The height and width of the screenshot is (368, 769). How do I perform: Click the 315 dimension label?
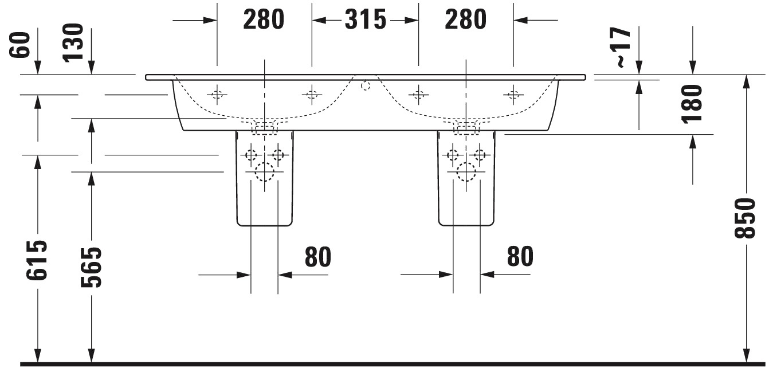click(365, 19)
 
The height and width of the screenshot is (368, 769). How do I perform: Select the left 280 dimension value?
click(264, 19)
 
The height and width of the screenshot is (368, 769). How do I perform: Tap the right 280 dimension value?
click(465, 19)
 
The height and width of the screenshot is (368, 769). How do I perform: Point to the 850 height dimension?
click(746, 218)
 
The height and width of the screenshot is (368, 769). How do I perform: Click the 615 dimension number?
click(37, 260)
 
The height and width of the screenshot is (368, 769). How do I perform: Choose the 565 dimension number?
click(91, 267)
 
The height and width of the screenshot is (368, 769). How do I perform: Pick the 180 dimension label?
click(692, 104)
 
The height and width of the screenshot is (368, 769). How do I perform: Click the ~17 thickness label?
click(623, 47)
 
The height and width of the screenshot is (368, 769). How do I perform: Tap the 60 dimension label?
click(20, 45)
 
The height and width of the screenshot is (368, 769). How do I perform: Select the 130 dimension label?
click(73, 42)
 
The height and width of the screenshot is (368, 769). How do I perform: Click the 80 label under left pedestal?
click(318, 256)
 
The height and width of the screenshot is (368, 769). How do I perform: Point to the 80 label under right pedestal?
click(520, 256)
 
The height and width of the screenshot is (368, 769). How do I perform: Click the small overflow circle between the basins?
click(366, 85)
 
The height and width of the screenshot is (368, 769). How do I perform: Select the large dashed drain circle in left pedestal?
click(264, 171)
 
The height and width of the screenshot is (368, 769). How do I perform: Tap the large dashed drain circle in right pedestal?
click(466, 171)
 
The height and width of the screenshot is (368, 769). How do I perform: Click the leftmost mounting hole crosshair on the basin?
click(217, 95)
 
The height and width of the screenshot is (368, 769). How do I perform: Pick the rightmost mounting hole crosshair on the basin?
click(513, 95)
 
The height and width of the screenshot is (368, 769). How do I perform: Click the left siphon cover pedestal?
click(265, 178)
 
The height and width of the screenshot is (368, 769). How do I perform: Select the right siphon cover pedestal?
click(466, 178)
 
